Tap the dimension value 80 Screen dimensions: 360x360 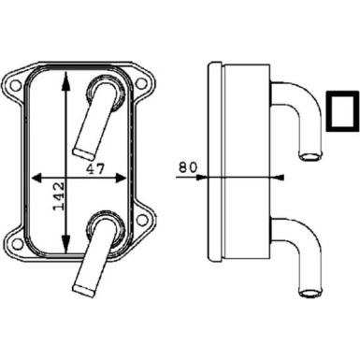pos(187,168)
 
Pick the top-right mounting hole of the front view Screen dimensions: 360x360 pos(139,85)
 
